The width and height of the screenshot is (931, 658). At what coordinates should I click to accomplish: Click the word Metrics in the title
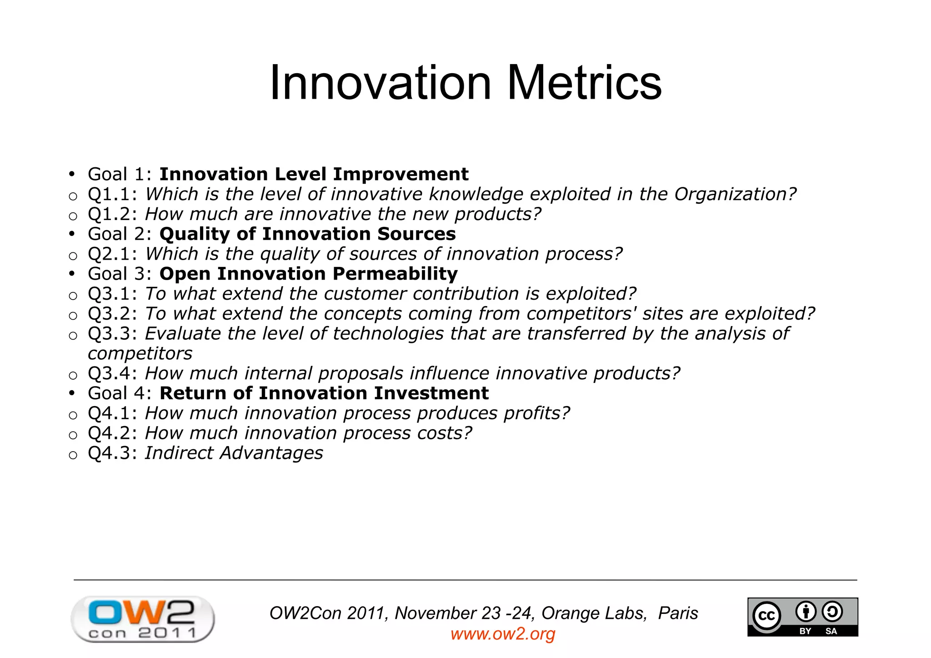pos(584,83)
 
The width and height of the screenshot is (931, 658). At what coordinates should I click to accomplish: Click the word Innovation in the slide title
pos(380,83)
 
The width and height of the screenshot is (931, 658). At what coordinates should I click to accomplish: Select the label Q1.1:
pos(112,195)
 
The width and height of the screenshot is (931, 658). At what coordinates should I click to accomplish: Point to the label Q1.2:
pos(112,214)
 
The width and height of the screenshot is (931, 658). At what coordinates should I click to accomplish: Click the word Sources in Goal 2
pos(416,234)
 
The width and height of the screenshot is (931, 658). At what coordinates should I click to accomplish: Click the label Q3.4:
pos(112,374)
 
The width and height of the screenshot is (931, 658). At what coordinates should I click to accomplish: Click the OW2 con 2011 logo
pos(142,619)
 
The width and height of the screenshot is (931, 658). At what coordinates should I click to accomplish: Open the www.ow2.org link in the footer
pos(503,634)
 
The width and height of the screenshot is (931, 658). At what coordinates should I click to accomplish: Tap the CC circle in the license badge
pos(767,616)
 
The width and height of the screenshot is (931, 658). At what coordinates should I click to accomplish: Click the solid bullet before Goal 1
pos(71,175)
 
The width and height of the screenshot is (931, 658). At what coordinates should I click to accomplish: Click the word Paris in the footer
pos(678,613)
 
